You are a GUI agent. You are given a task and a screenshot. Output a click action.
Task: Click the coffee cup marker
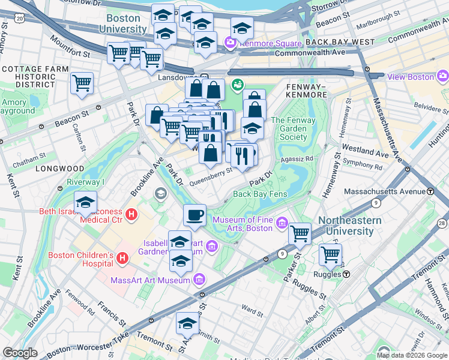pyautogui.click(x=194, y=215)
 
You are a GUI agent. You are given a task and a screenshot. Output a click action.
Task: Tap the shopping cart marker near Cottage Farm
pyautogui.click(x=82, y=83)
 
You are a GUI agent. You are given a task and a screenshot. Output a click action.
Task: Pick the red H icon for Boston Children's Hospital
pyautogui.click(x=123, y=259)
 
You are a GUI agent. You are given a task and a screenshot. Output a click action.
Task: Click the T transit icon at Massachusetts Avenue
pyautogui.click(x=430, y=191)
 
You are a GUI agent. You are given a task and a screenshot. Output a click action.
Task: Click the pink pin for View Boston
pyautogui.click(x=443, y=76)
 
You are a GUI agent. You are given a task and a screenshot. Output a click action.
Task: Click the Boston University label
pyautogui.click(x=124, y=23)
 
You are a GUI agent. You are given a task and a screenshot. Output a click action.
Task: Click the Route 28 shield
pyautogui.click(x=442, y=224)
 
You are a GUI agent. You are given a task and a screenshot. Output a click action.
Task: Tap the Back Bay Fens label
pyautogui.click(x=261, y=194)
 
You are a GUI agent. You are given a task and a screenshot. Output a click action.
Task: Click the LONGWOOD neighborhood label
pyautogui.click(x=59, y=169)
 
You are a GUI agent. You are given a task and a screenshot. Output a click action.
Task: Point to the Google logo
pyautogui.click(x=20, y=353)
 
